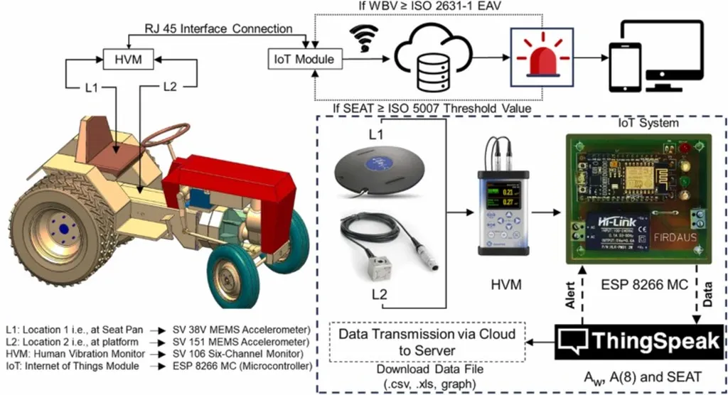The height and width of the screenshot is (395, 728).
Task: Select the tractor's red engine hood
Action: coord(227,174)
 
